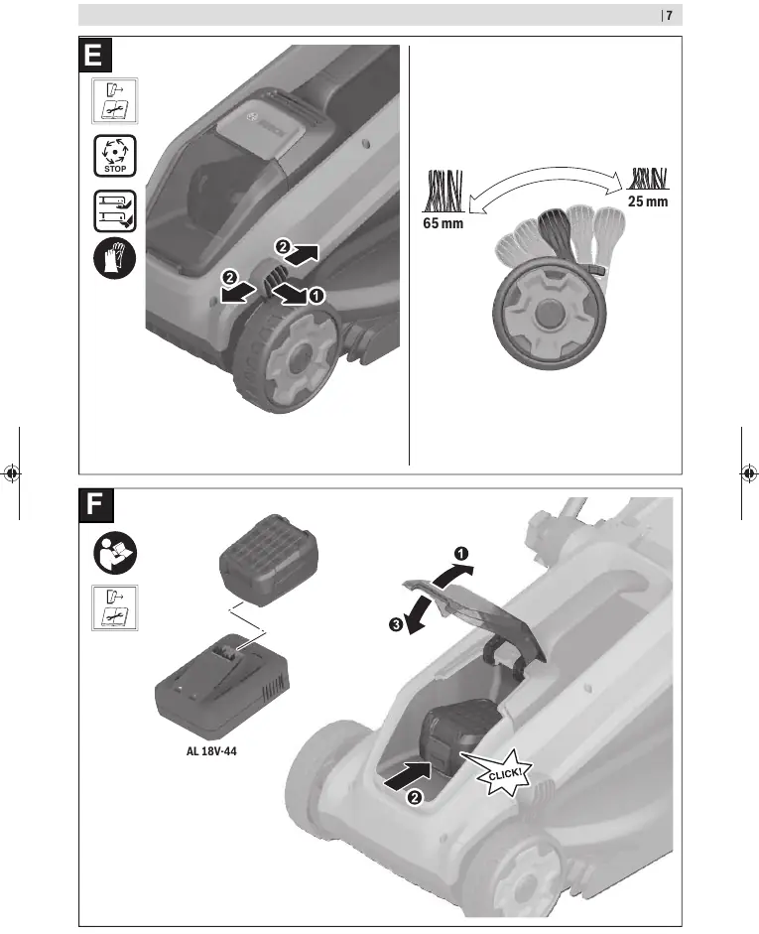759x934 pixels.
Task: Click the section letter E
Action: [94, 55]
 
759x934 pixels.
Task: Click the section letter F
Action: [95, 505]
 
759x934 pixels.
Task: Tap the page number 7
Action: [669, 16]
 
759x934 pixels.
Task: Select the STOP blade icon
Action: [115, 156]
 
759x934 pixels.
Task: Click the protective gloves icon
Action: [115, 258]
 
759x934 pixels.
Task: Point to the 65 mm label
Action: [443, 223]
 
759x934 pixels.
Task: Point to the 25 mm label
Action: [648, 201]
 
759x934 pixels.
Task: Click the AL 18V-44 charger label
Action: [211, 751]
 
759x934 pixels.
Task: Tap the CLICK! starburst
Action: [501, 772]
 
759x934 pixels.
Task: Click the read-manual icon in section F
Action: [115, 553]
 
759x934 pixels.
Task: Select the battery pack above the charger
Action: [268, 560]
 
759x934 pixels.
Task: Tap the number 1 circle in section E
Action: [316, 295]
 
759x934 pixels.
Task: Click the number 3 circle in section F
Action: [396, 625]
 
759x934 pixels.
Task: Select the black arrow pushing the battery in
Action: [409, 775]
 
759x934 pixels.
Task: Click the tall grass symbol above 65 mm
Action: [443, 191]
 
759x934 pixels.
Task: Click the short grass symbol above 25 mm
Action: [648, 179]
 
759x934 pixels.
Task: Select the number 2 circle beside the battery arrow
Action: [415, 798]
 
